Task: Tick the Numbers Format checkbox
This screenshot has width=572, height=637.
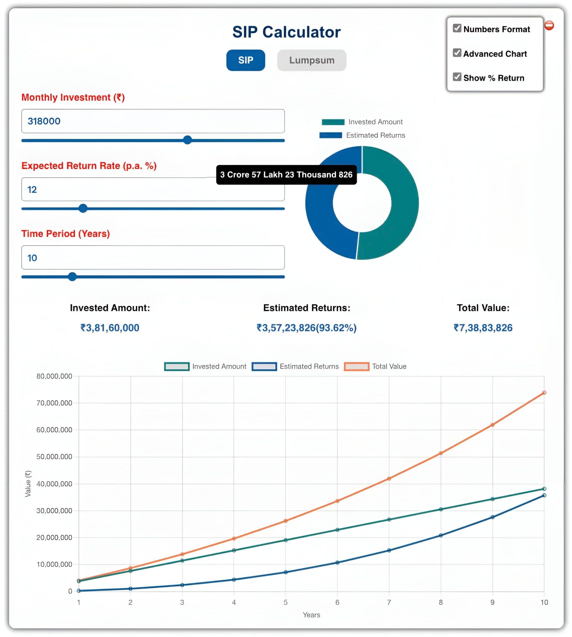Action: tap(457, 28)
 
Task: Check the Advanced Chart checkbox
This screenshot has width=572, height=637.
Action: tap(457, 53)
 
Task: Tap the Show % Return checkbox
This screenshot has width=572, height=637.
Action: tap(457, 77)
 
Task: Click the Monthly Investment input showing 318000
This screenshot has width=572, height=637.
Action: tap(153, 121)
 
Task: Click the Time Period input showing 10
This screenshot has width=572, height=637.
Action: tap(153, 258)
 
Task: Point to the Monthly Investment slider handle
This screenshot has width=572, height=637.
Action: tap(187, 140)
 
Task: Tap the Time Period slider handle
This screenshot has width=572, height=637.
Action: tap(72, 276)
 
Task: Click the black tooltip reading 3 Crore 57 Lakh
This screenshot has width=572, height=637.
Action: tap(286, 175)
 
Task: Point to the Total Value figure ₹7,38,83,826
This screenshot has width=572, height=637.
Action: tap(483, 328)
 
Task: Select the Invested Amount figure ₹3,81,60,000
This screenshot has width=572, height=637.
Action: tap(110, 328)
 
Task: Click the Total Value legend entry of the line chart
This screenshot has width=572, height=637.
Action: tap(375, 367)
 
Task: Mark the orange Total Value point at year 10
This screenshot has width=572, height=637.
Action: tap(544, 393)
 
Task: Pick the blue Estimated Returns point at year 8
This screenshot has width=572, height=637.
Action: tap(441, 535)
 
